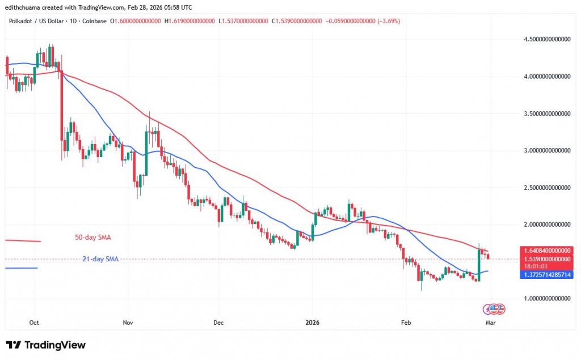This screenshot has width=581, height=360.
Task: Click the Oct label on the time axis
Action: point(34,323)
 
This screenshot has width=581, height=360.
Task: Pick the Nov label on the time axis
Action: point(127,323)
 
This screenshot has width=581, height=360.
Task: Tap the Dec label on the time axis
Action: point(218,323)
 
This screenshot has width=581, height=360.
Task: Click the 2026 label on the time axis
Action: point(312,323)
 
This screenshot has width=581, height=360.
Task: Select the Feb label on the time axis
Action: point(406,323)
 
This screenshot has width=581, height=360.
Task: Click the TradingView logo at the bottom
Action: point(45,345)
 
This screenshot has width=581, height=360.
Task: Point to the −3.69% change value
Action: point(387,21)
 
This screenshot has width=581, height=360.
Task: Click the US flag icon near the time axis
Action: point(494,309)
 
